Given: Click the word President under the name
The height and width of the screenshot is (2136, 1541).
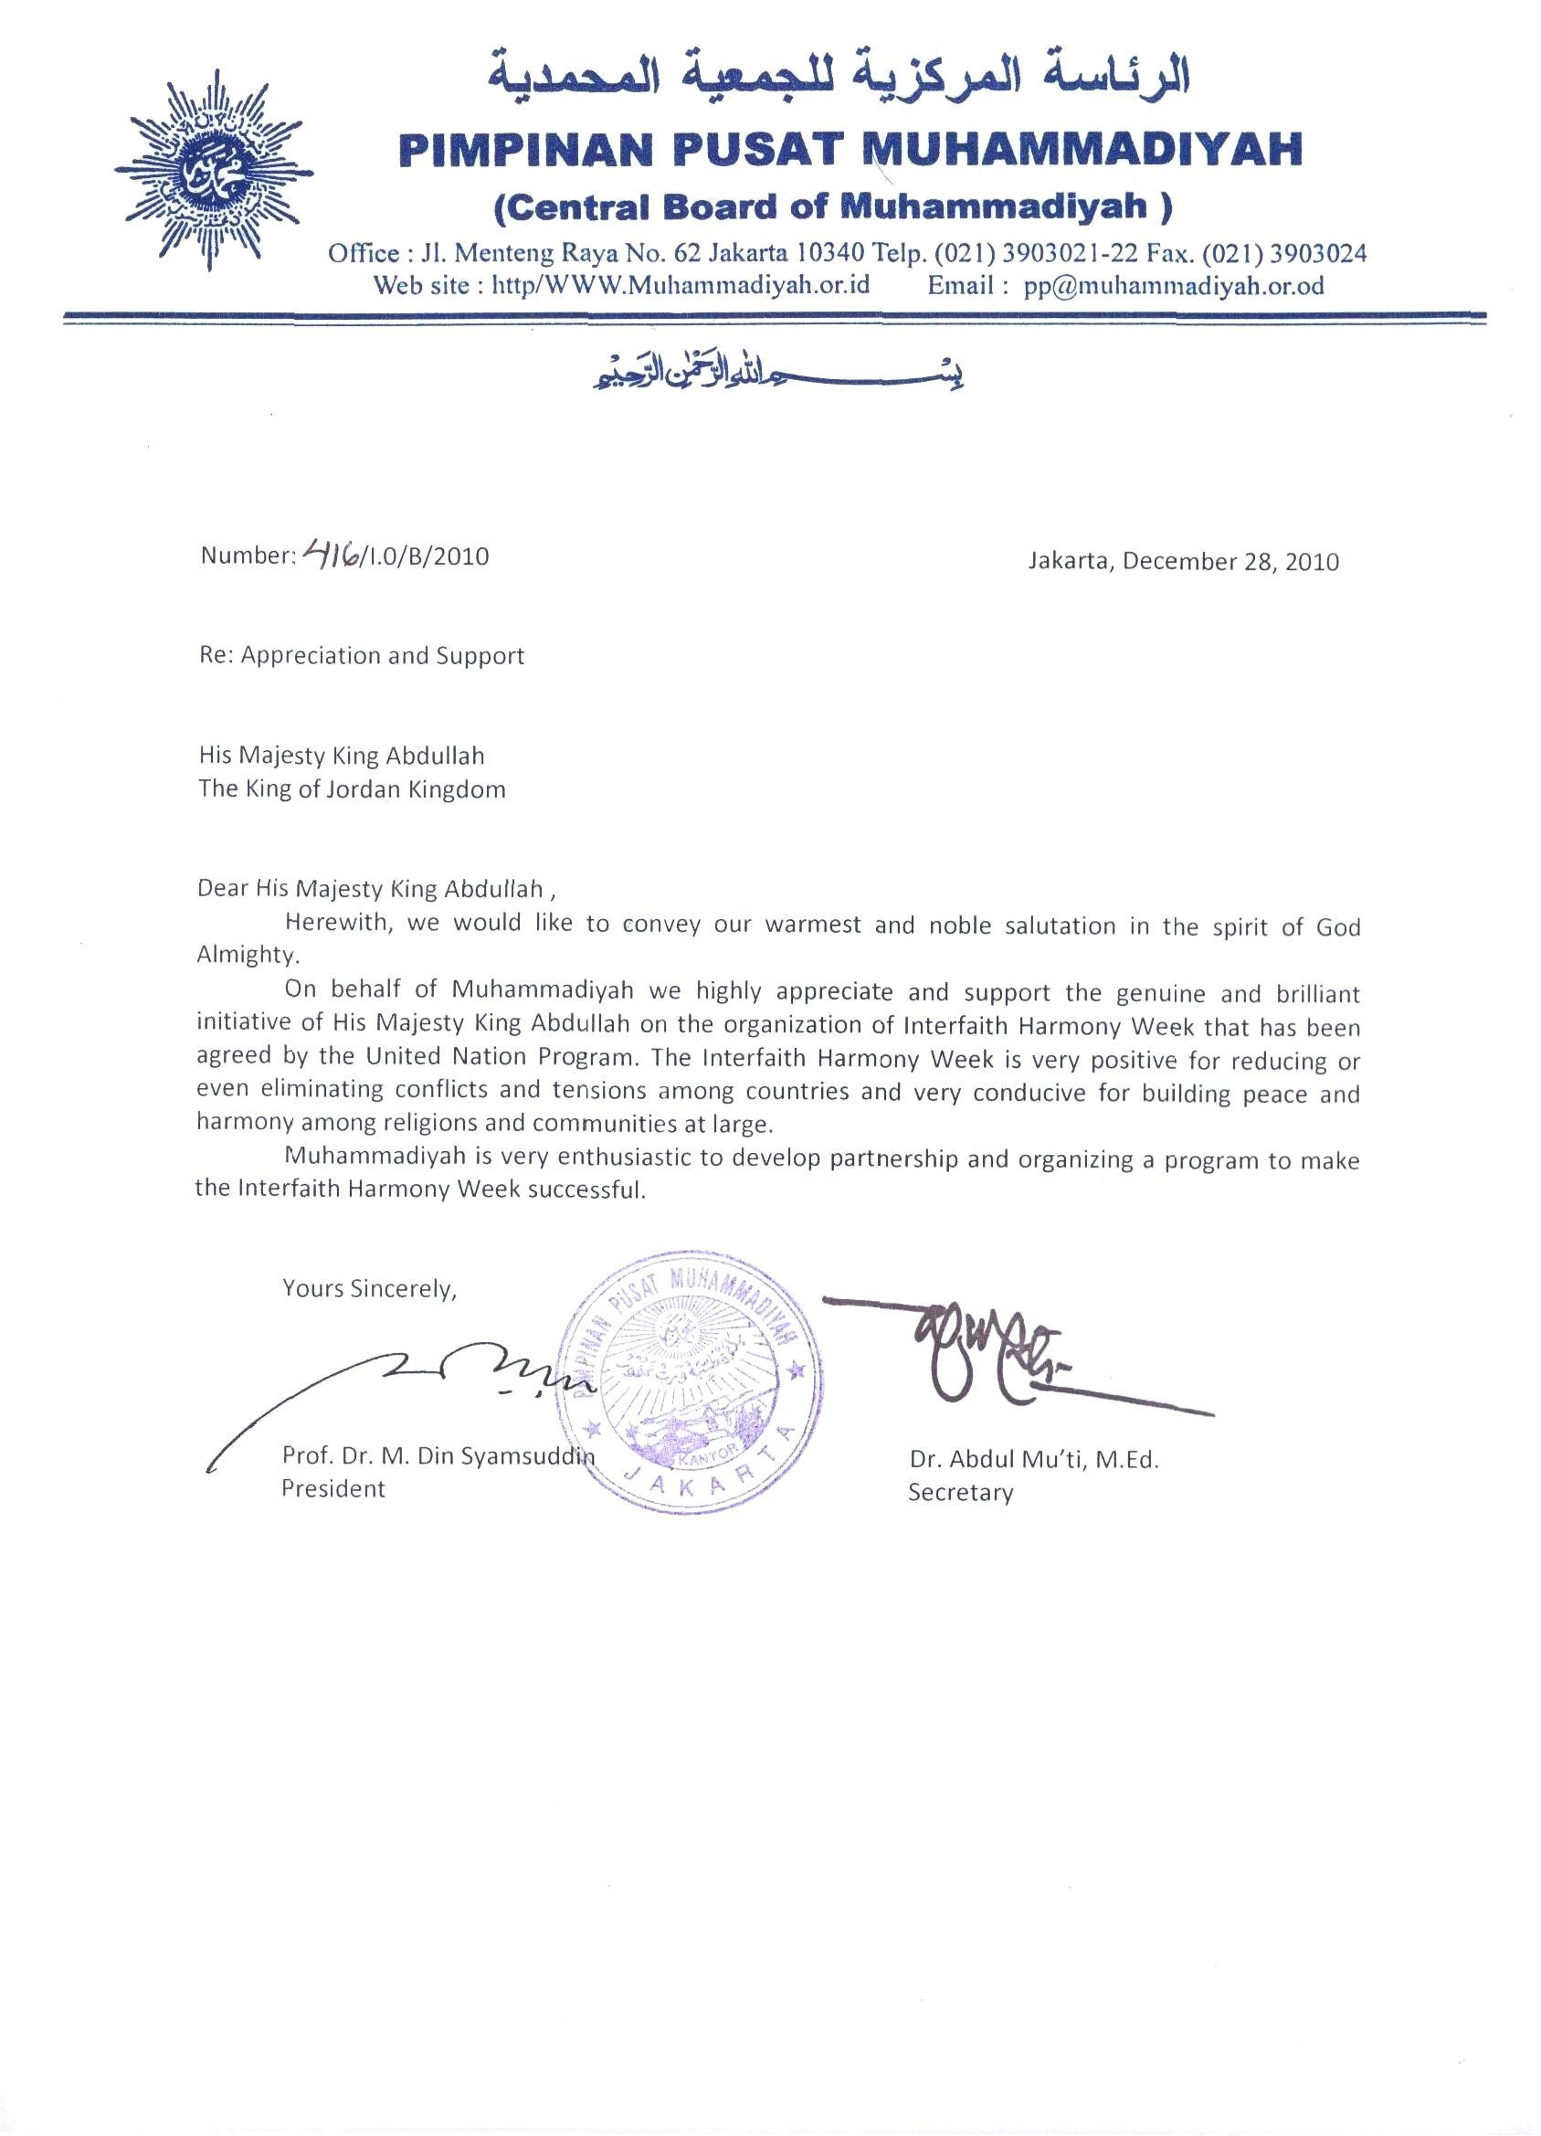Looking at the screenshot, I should (333, 1489).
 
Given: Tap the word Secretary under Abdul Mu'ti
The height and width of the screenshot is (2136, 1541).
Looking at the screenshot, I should (960, 1493).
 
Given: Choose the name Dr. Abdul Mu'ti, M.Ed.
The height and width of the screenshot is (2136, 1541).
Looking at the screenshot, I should (1033, 1461).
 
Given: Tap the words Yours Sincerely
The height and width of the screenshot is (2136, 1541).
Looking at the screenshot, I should (369, 1288).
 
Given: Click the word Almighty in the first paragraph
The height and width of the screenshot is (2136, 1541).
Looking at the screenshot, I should (247, 954).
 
